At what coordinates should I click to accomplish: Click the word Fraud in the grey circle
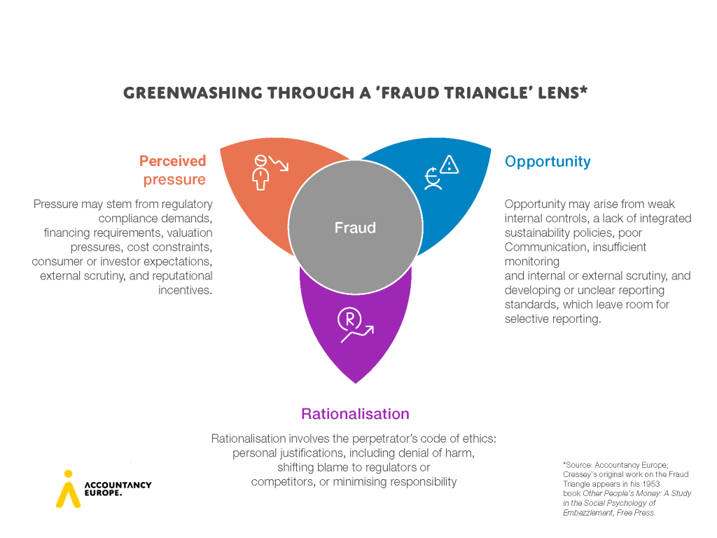[x=355, y=228]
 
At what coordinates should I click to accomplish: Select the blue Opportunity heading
[x=548, y=162]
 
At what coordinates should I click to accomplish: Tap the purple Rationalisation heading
[x=355, y=413]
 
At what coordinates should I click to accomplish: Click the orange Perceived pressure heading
[x=173, y=170]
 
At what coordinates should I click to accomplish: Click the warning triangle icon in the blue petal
[x=448, y=164]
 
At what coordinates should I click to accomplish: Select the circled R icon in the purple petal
[x=348, y=319]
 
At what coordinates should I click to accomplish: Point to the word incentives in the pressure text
[x=185, y=290]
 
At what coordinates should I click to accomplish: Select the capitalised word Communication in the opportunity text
[x=546, y=247]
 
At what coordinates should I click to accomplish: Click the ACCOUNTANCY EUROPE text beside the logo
[x=117, y=488]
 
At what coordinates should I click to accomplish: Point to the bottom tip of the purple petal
[x=356, y=382]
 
